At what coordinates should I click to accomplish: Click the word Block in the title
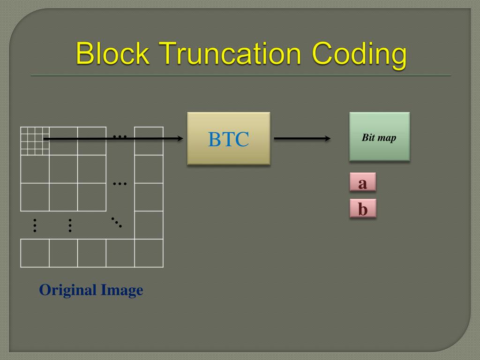coord(112,54)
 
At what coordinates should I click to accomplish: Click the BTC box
coord(229,139)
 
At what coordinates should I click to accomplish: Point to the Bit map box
coord(379,137)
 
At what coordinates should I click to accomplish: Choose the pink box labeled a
coord(362,183)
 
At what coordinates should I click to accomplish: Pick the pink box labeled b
coord(362,209)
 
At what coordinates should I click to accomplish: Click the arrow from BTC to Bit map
coord(302,138)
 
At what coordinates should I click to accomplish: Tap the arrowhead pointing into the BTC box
coord(180,138)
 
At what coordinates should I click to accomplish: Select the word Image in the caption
coord(122,291)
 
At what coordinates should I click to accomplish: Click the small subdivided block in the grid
coord(35,141)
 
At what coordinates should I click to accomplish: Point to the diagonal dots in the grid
coord(116,222)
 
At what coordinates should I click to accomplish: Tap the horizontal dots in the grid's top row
coord(120,136)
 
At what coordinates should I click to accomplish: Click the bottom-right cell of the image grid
coord(149,253)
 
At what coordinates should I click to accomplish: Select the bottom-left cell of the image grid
coord(35,253)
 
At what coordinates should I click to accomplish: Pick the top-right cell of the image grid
coord(149,141)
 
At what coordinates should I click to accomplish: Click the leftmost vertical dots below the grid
coord(35,225)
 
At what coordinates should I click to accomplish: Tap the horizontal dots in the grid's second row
coord(120,183)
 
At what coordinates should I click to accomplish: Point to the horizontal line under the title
coord(240,75)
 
